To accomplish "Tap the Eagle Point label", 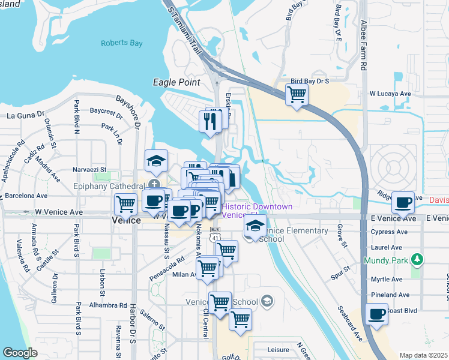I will tap(174, 82).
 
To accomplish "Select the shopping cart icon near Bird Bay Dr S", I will tap(297, 94).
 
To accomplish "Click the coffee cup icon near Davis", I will tap(403, 202).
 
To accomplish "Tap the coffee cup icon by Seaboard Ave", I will tap(377, 314).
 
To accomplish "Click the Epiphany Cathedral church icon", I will tap(155, 184).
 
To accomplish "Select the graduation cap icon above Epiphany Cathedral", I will tap(155, 160).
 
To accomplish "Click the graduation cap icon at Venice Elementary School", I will tap(255, 227).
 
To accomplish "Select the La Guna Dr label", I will tap(26, 114).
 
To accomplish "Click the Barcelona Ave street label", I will tap(26, 196).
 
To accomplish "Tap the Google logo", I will tap(20, 353).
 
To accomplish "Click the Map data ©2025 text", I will tap(423, 355).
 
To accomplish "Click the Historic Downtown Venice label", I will tap(256, 211).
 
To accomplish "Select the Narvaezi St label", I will tap(89, 170).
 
